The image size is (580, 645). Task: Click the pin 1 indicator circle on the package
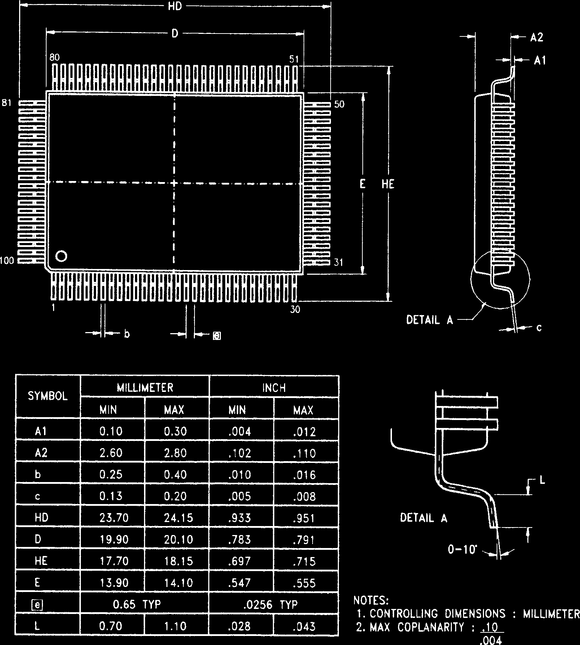pos(61,256)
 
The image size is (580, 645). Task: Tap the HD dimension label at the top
pos(175,6)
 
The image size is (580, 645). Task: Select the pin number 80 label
pos(55,58)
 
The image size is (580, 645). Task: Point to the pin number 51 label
pos(295,59)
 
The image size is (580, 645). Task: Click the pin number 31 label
pos(339,262)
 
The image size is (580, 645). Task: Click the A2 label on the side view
pos(537,37)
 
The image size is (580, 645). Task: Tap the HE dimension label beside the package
pos(388,185)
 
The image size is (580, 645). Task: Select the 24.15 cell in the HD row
pos(176,518)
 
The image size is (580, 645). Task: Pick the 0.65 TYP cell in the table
pos(137,604)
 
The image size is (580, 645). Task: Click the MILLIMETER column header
pos(145,388)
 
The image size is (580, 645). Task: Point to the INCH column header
pos(274,388)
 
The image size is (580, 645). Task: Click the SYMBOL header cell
pos(48,397)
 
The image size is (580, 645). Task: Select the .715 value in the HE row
pos(304,561)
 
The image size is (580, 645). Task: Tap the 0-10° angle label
pos(462,549)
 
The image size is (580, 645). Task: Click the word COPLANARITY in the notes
pos(431,627)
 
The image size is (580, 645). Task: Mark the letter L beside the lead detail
pos(542,480)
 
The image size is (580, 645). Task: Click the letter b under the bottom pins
pos(127,334)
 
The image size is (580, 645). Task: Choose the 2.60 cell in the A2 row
pos(111,453)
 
